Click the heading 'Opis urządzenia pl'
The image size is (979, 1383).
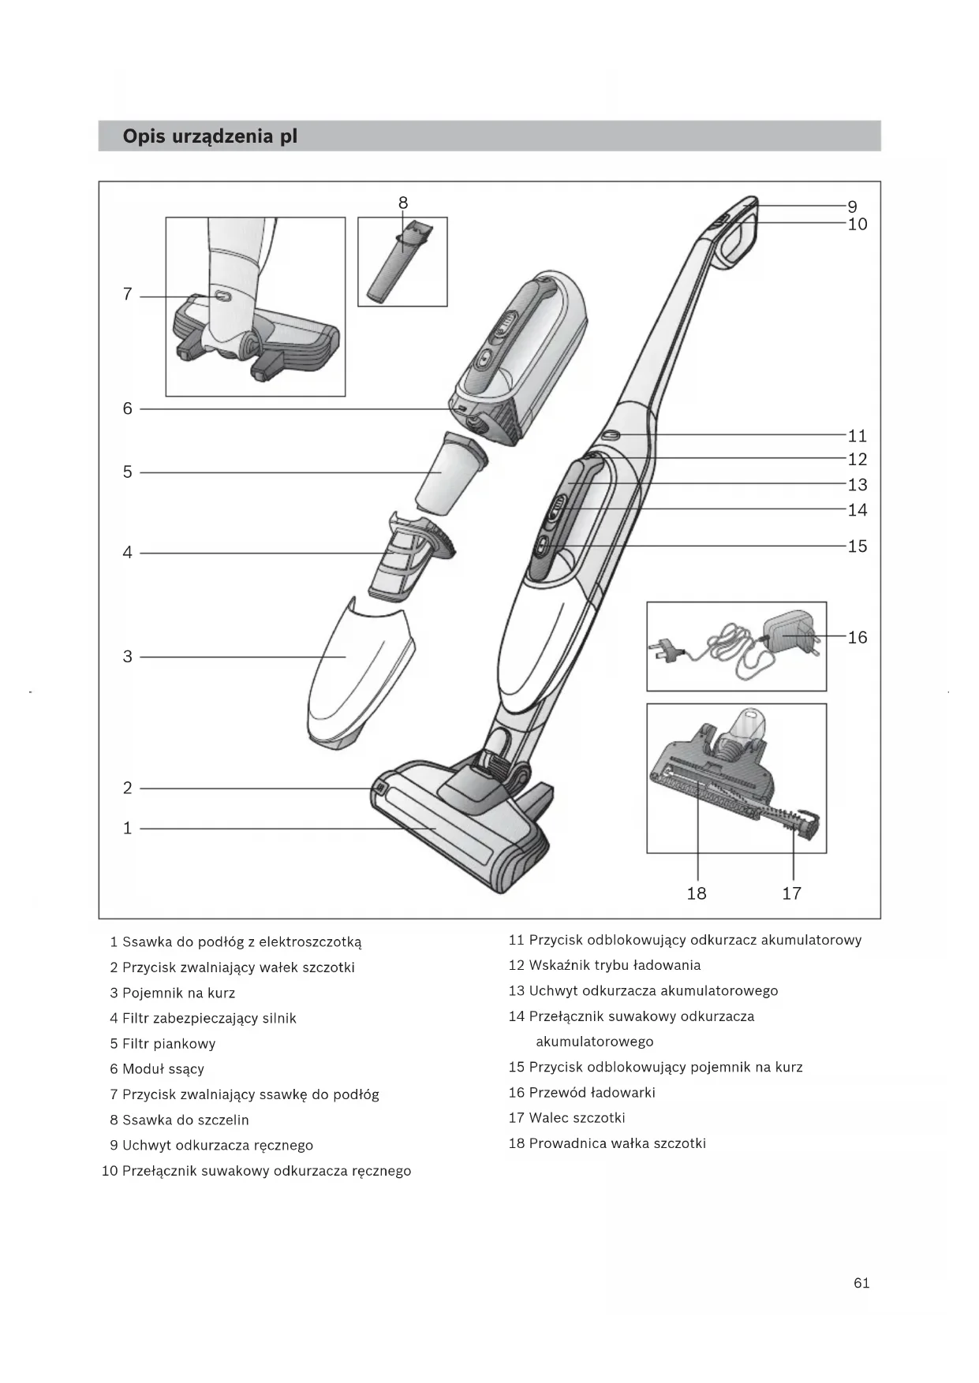(x=210, y=136)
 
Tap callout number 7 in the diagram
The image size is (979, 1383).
(x=127, y=295)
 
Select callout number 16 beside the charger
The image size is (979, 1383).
(x=858, y=637)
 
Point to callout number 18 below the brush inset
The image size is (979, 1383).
(x=697, y=893)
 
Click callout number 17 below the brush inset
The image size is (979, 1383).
(x=792, y=893)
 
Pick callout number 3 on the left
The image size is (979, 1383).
(x=127, y=657)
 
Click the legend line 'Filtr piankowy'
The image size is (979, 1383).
(x=168, y=1044)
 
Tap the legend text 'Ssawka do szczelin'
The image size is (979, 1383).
(x=185, y=1120)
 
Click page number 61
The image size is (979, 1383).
(x=861, y=1283)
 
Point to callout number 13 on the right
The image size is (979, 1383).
(x=858, y=485)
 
